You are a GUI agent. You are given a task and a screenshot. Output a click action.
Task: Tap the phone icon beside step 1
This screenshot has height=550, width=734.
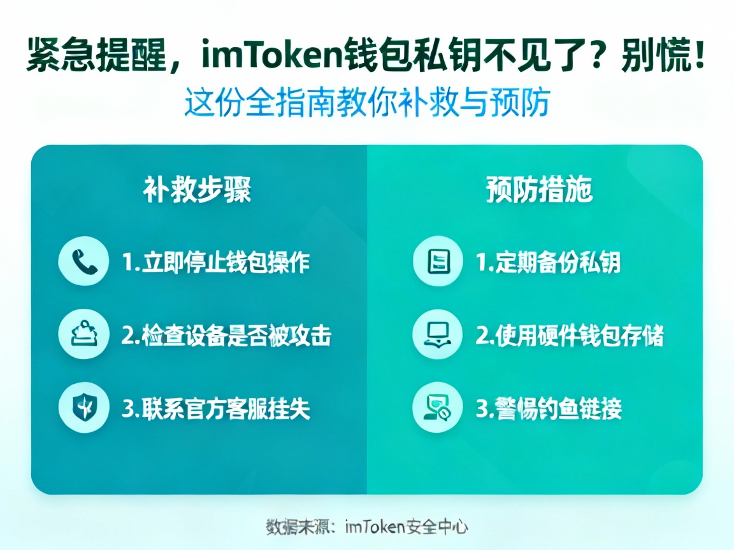[83, 261]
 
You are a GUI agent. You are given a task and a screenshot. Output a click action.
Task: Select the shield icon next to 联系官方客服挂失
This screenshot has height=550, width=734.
[83, 407]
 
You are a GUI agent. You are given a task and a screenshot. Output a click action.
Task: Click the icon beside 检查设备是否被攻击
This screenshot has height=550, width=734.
[83, 335]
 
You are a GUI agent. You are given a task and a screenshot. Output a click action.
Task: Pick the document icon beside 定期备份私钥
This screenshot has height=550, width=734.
[438, 261]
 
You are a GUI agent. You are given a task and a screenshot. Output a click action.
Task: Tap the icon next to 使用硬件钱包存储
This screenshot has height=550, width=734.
[438, 335]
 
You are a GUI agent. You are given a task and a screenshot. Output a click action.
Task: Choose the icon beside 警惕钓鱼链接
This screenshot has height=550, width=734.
[438, 407]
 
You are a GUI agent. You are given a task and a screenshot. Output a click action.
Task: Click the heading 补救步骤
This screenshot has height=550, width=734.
[197, 190]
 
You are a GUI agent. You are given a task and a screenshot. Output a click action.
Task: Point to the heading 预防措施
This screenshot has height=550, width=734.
[539, 190]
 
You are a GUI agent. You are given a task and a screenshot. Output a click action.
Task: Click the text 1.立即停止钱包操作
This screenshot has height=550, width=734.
[216, 262]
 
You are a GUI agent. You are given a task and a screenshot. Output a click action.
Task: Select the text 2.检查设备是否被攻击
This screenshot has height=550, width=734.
[226, 335]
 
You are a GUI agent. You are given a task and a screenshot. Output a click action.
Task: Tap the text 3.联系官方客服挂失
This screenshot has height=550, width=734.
[216, 408]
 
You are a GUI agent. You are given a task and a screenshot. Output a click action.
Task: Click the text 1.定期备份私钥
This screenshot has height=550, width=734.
[549, 262]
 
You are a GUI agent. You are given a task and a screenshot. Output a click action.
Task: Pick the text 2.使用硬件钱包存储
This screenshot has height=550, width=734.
[570, 335]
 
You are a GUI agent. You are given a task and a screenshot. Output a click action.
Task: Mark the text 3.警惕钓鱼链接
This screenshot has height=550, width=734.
[549, 408]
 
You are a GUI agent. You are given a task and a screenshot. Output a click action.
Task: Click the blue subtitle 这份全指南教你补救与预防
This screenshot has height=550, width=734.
[367, 102]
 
